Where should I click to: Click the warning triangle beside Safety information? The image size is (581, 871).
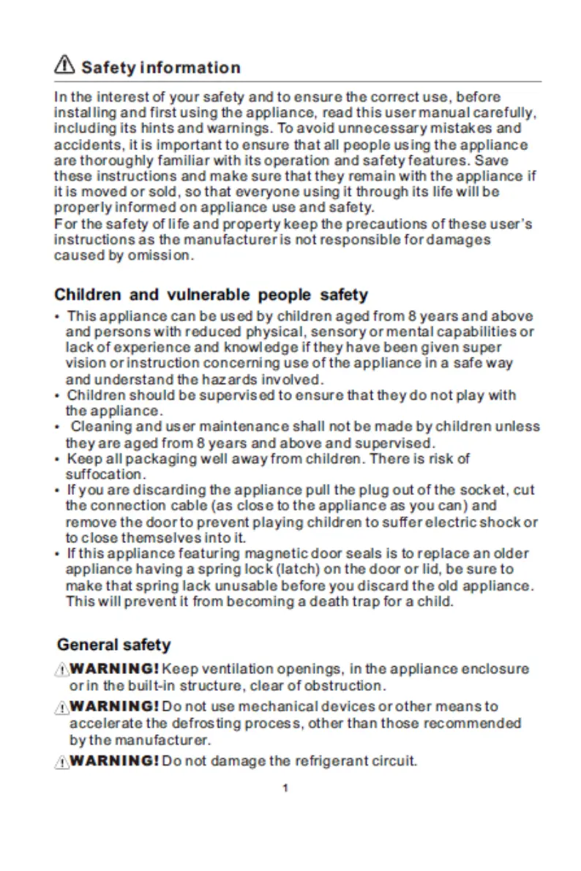64,67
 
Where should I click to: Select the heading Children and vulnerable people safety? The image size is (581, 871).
211,295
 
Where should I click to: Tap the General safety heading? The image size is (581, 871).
113,645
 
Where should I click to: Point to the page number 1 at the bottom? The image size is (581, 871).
285,788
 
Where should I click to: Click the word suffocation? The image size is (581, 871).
100,474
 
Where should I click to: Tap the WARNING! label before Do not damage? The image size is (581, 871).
115,761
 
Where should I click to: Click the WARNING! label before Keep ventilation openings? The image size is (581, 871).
115,669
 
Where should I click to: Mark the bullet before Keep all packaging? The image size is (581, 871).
57,460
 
